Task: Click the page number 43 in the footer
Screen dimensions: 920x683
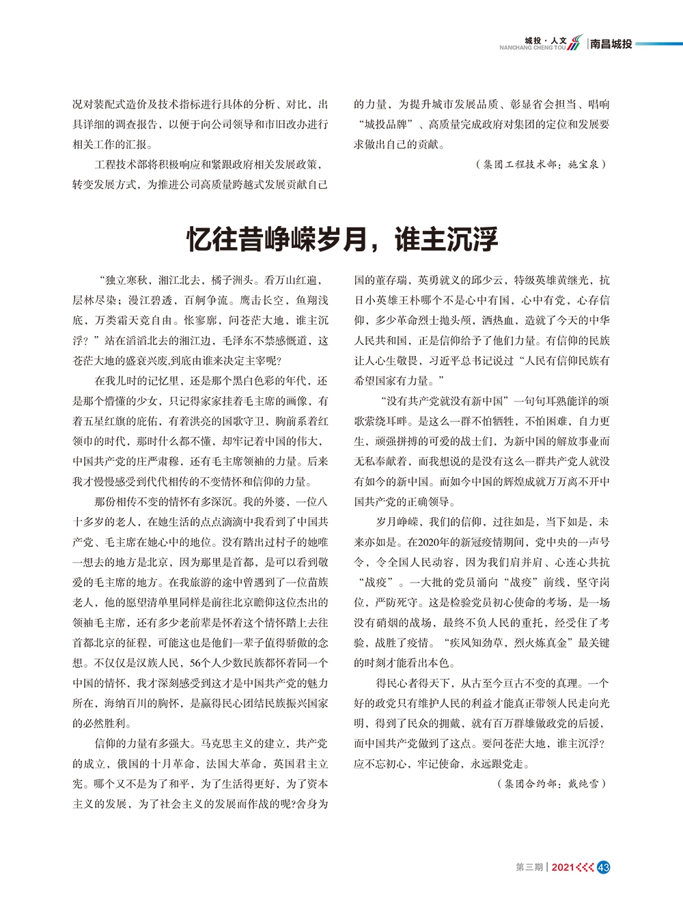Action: click(x=602, y=867)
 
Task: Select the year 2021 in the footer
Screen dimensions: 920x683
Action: click(x=562, y=867)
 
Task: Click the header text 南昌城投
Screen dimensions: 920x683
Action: click(x=611, y=44)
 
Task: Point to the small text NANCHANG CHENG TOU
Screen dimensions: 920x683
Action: click(x=532, y=48)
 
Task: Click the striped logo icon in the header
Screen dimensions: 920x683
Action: click(x=576, y=42)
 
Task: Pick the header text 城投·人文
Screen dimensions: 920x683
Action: click(x=545, y=40)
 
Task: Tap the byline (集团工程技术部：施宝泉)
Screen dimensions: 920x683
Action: click(x=539, y=164)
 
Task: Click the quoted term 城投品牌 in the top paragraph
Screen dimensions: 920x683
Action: click(x=386, y=124)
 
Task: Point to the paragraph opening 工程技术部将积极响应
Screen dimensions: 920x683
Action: click(x=150, y=165)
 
